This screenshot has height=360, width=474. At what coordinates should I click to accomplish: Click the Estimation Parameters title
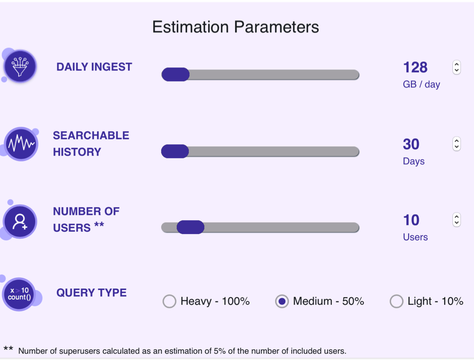[235, 27]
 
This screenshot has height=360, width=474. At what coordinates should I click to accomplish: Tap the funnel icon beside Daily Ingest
[20, 66]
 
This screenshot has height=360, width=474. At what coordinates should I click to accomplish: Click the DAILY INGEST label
[94, 67]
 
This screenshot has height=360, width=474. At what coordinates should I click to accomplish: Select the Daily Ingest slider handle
[175, 74]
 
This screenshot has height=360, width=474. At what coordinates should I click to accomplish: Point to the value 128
[415, 68]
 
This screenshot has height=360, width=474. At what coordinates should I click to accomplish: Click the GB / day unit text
[421, 85]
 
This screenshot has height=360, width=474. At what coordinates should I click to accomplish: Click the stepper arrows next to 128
[456, 68]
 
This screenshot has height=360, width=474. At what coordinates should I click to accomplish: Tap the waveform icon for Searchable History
[21, 144]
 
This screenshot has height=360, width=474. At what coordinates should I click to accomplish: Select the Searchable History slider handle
[175, 151]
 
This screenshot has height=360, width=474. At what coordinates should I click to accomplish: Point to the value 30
[411, 144]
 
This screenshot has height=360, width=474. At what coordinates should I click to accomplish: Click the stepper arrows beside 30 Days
[456, 144]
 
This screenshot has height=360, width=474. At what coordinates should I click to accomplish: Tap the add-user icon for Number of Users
[20, 222]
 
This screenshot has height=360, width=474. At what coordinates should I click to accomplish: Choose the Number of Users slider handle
[191, 227]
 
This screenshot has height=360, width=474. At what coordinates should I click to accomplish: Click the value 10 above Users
[411, 220]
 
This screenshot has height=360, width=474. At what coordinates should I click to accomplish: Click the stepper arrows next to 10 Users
[456, 220]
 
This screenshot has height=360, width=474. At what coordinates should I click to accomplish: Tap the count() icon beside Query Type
[19, 294]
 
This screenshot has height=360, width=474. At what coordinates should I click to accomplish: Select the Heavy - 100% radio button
[169, 301]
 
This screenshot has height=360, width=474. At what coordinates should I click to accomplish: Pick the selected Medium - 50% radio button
[282, 301]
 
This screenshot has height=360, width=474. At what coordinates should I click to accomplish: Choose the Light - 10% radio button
[396, 301]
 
